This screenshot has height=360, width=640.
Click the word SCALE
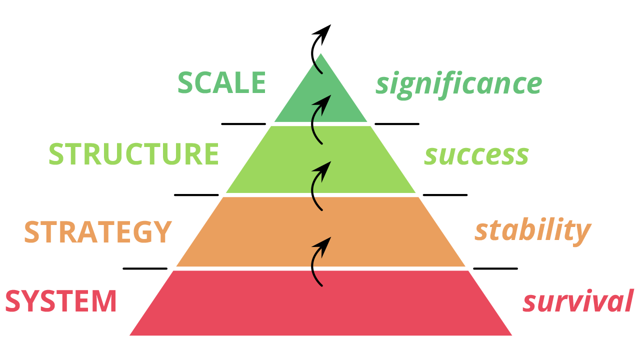tap(221, 83)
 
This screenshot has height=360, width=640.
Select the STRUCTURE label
tap(133, 154)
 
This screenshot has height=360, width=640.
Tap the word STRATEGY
tap(98, 232)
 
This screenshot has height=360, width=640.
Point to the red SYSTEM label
tap(61, 301)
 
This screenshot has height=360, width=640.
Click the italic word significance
tap(458, 84)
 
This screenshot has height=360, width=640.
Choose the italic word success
tap(476, 155)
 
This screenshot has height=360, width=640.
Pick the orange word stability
tap(532, 230)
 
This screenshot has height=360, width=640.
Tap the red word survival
tap(578, 301)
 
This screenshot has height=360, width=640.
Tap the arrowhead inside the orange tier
tap(325, 241)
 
